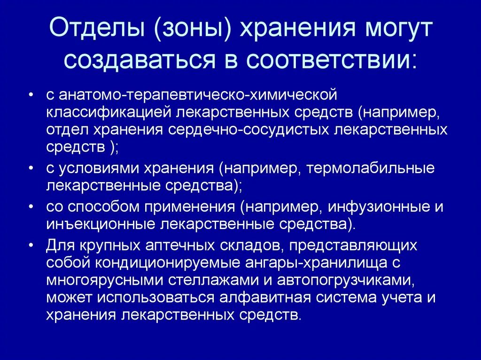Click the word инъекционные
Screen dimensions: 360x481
point(101,223)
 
